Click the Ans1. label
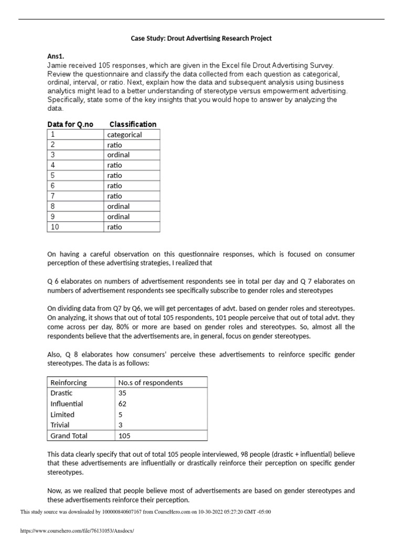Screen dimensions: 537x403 click(57, 56)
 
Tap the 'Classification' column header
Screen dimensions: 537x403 click(133, 124)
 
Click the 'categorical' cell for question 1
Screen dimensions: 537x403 click(124, 135)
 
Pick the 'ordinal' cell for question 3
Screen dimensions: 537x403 click(119, 155)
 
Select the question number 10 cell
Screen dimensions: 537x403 click(55, 227)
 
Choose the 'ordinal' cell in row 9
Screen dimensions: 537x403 click(119, 217)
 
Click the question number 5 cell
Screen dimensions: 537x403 click(52, 176)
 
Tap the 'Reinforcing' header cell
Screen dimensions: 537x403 click(69, 383)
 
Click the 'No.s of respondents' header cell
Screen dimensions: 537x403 click(151, 383)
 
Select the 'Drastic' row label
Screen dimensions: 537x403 click(62, 393)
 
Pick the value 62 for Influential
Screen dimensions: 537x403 click(123, 404)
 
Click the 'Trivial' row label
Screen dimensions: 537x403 click(60, 425)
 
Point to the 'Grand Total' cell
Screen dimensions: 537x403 click(69, 436)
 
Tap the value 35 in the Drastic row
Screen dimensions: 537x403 click(123, 393)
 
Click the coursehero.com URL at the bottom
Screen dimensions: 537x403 click(77, 531)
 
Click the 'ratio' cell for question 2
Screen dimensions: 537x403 click(114, 145)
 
